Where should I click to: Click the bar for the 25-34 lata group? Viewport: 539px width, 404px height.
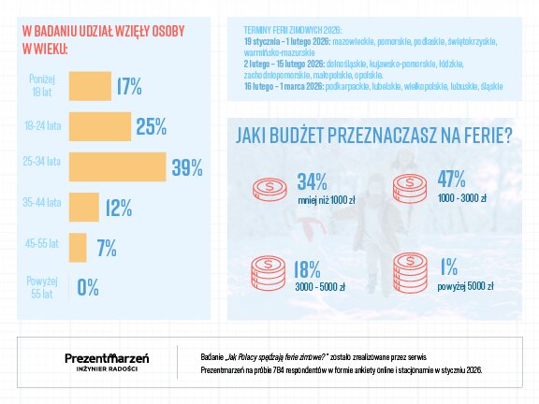point(117,167)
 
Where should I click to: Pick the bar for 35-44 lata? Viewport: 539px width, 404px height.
point(84,208)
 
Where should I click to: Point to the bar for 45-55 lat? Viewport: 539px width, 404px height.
point(79,248)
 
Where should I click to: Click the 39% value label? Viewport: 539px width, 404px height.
point(187,168)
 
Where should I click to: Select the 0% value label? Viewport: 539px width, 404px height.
point(88,287)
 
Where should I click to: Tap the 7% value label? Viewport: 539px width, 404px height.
point(106,248)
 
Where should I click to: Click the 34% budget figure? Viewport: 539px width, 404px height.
point(313,181)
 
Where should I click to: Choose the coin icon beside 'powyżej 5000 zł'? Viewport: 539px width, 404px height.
point(410,274)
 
